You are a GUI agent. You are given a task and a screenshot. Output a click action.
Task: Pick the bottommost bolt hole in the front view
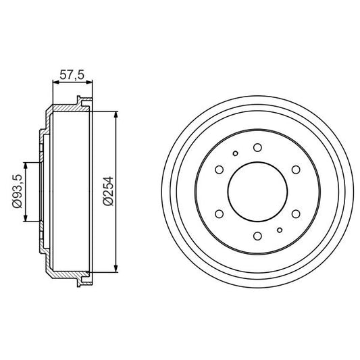coord(257,236)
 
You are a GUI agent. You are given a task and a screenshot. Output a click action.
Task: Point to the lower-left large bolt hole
coord(220,214)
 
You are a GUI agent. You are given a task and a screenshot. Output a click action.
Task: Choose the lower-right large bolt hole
coord(295,214)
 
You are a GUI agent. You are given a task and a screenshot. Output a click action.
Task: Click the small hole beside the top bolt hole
coord(235,153)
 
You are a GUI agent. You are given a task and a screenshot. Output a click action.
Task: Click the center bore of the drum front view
coord(257,192)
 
